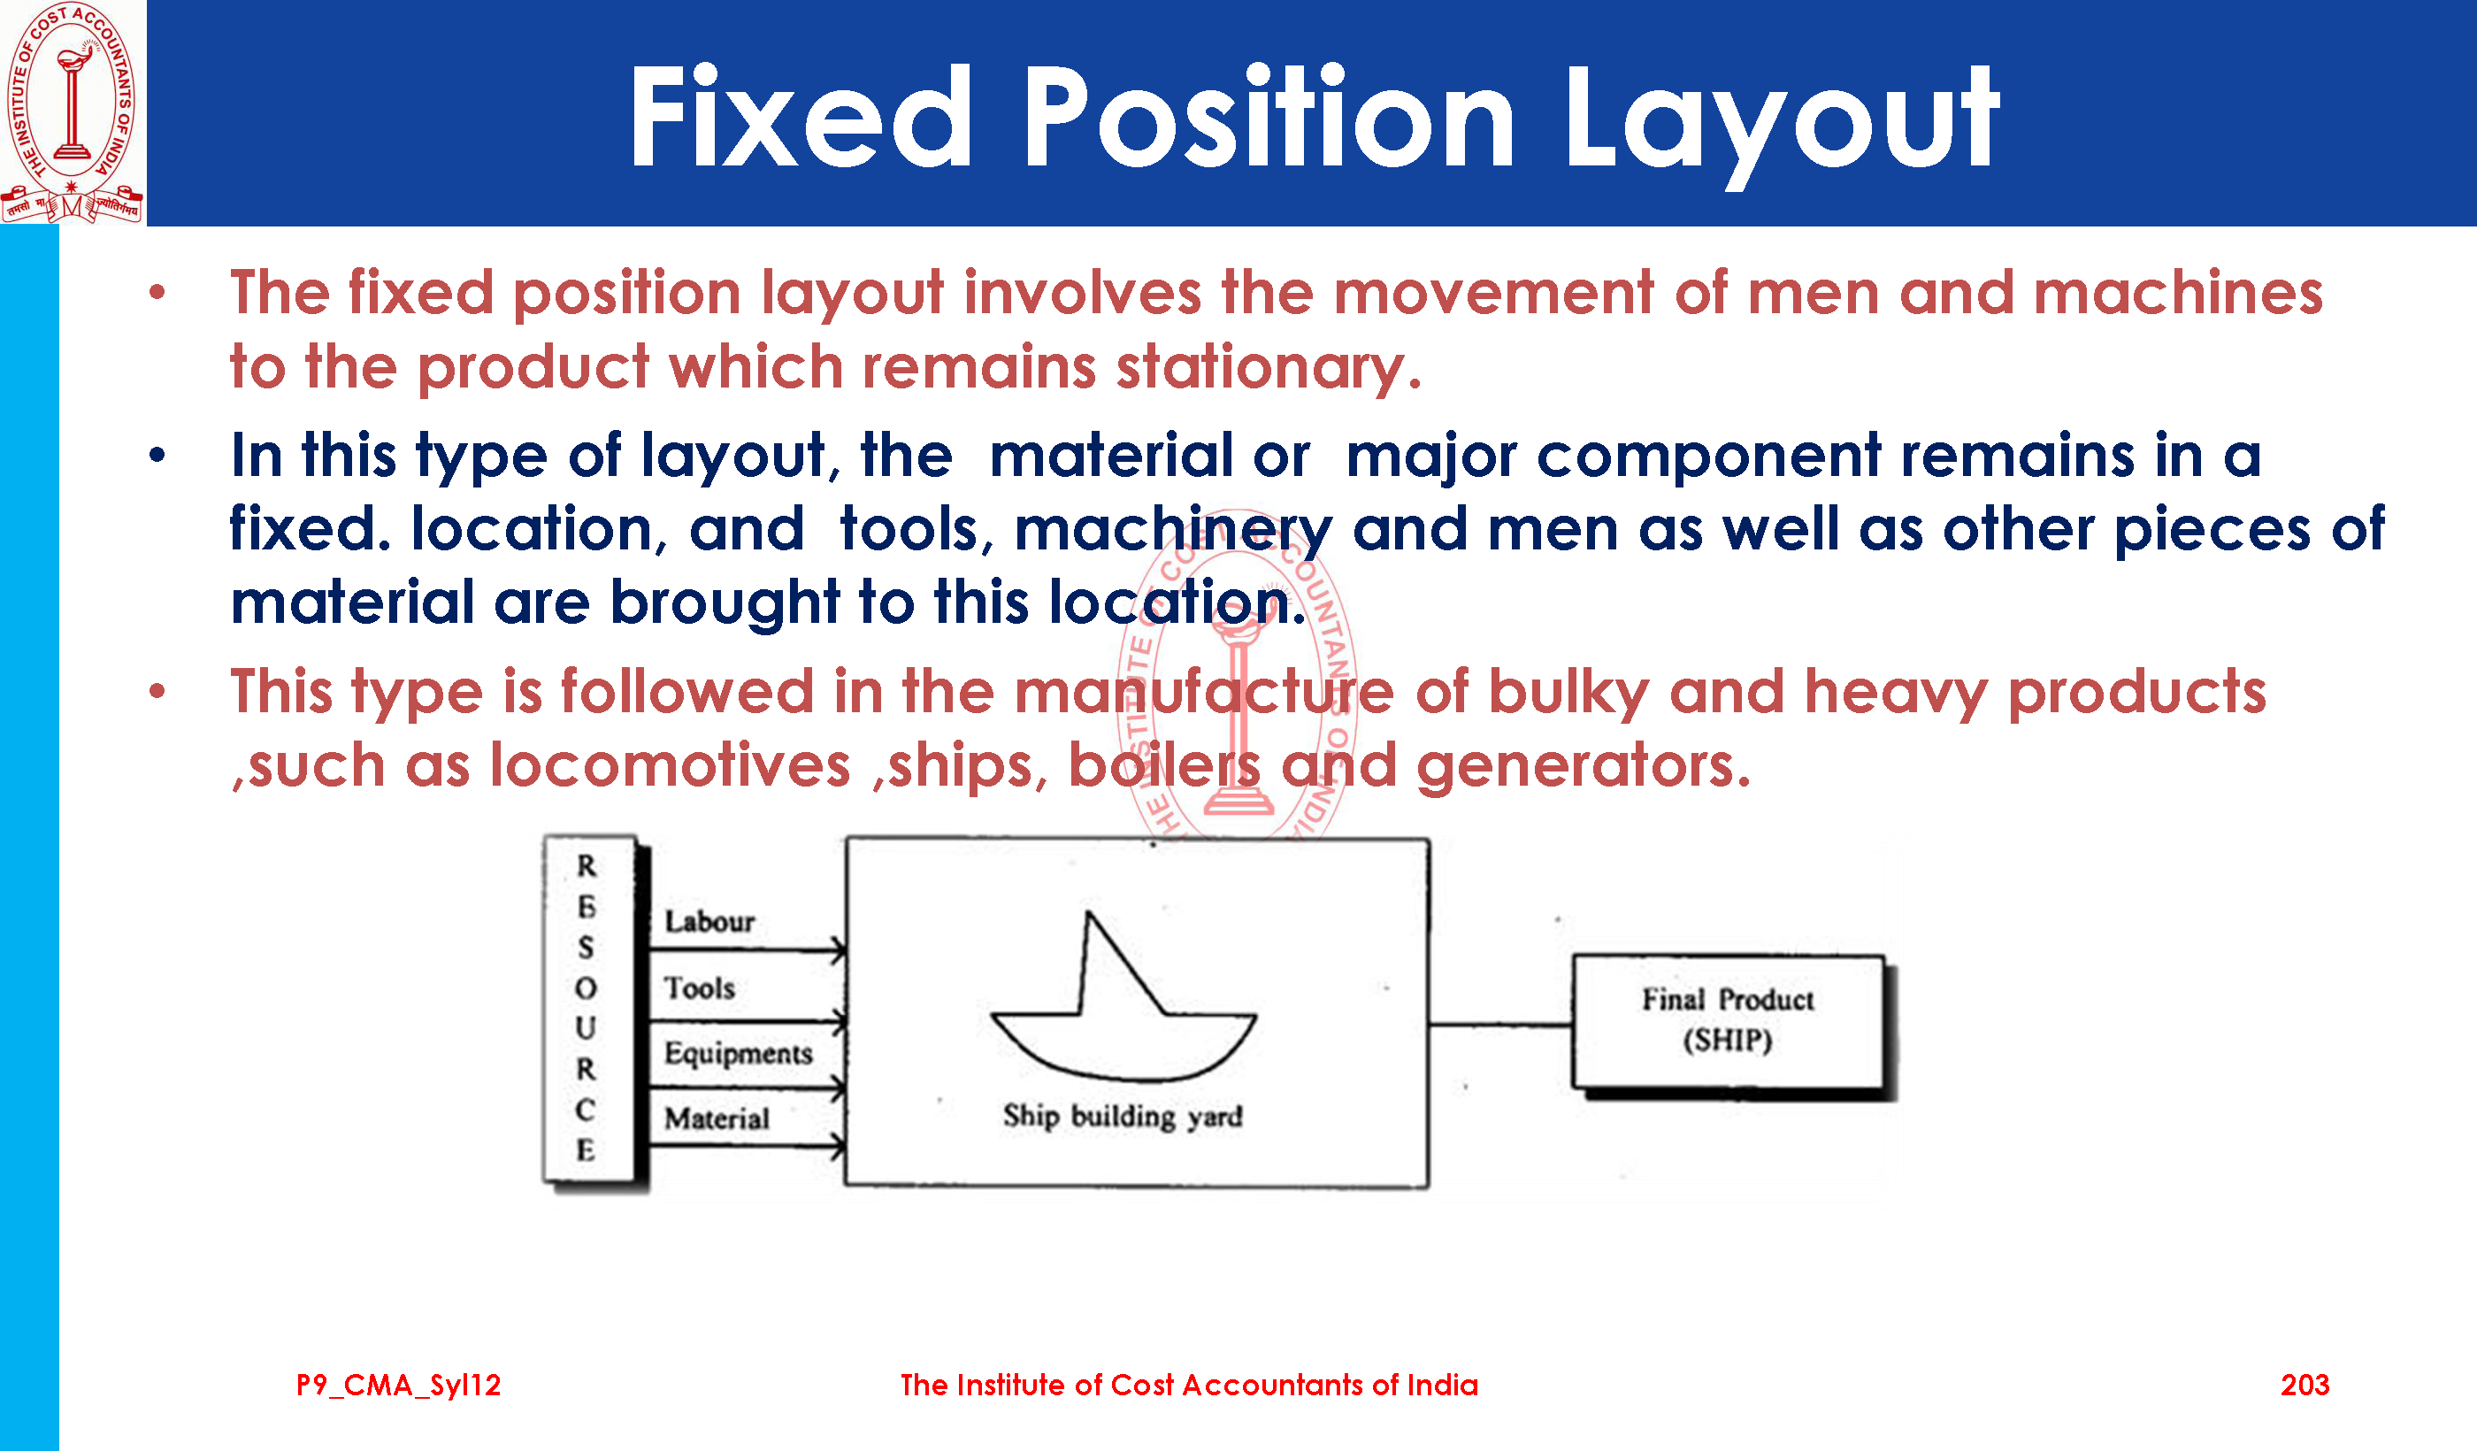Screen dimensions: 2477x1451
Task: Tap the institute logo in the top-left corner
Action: (x=72, y=112)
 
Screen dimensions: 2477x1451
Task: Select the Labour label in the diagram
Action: (x=709, y=921)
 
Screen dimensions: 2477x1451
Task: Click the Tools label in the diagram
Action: (x=700, y=987)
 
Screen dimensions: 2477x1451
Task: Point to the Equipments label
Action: (x=738, y=1054)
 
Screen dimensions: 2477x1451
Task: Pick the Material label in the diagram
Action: (x=717, y=1118)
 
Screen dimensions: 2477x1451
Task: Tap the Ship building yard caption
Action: (x=1123, y=1117)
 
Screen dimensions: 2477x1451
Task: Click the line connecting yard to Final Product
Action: (x=1501, y=1025)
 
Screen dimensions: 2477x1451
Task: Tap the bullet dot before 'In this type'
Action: (x=157, y=455)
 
